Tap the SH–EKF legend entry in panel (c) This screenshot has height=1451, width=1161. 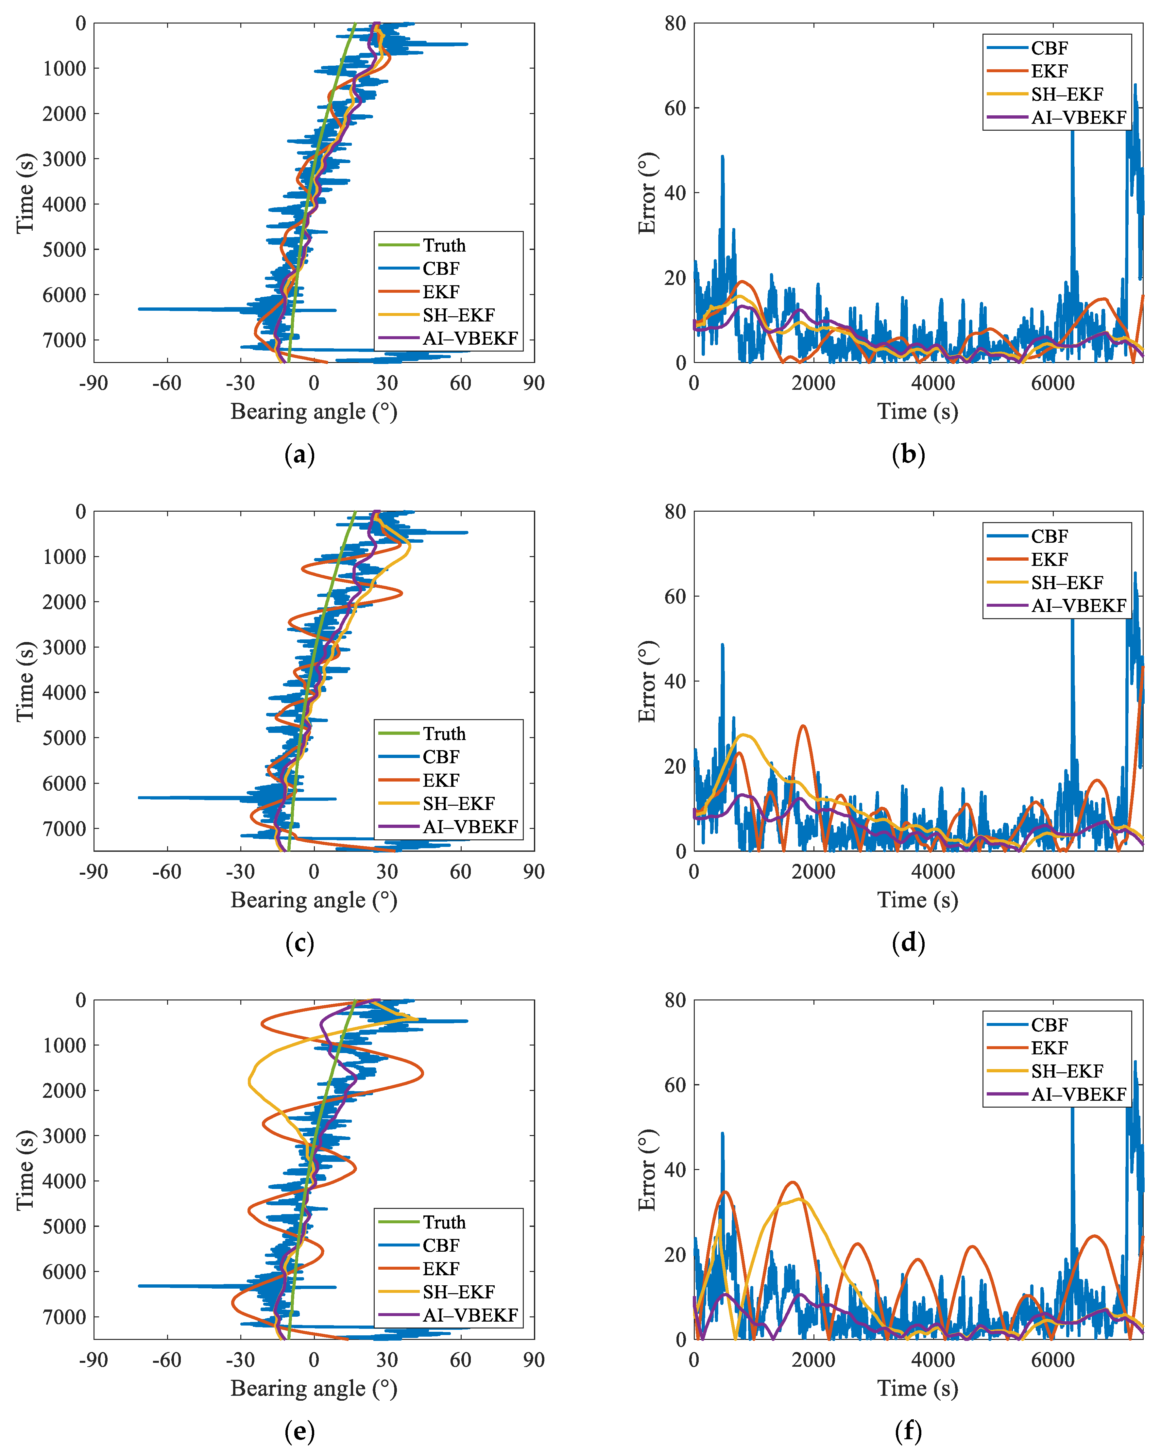[x=458, y=803]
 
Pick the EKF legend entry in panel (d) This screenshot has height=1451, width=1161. [x=1049, y=559]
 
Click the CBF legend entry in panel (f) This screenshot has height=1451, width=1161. [x=1049, y=1025]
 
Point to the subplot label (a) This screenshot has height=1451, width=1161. [x=300, y=455]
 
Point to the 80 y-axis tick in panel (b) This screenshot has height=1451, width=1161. [x=675, y=24]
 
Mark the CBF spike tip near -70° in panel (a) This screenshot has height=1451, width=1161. [x=139, y=309]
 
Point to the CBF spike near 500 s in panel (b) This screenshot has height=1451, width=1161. [x=723, y=157]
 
